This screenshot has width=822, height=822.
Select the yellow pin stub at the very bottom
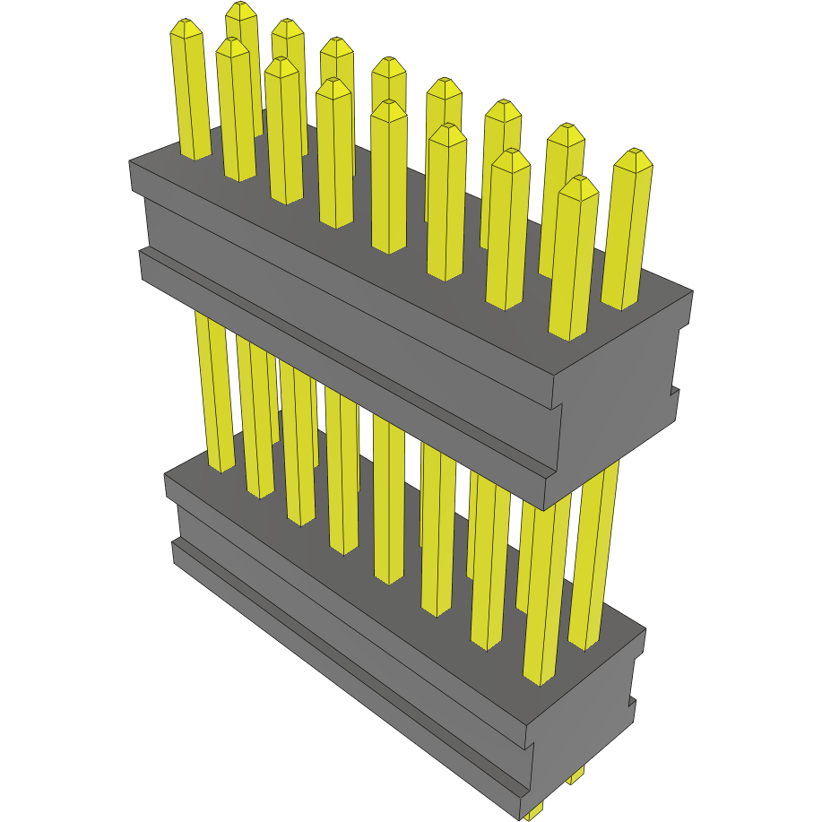[x=534, y=812]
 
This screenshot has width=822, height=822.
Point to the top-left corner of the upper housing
[x=131, y=162]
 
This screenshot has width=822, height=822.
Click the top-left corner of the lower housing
[x=166, y=474]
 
